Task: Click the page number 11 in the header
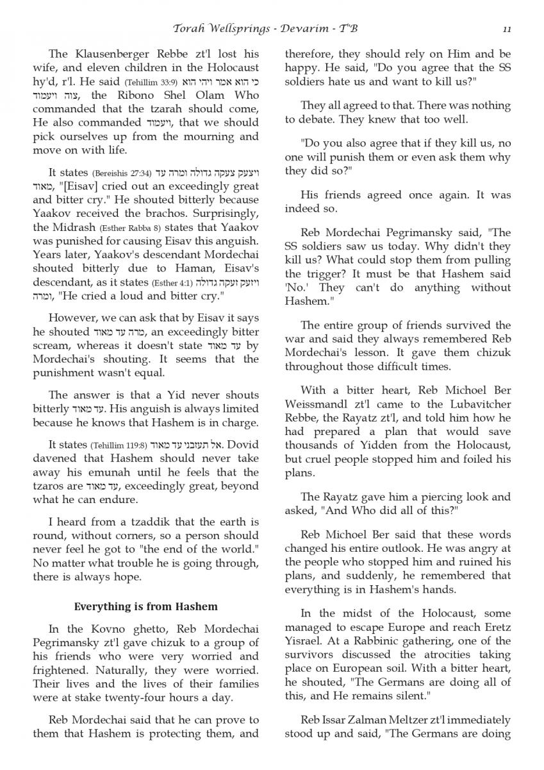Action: [506, 29]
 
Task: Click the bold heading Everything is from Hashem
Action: [146, 606]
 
